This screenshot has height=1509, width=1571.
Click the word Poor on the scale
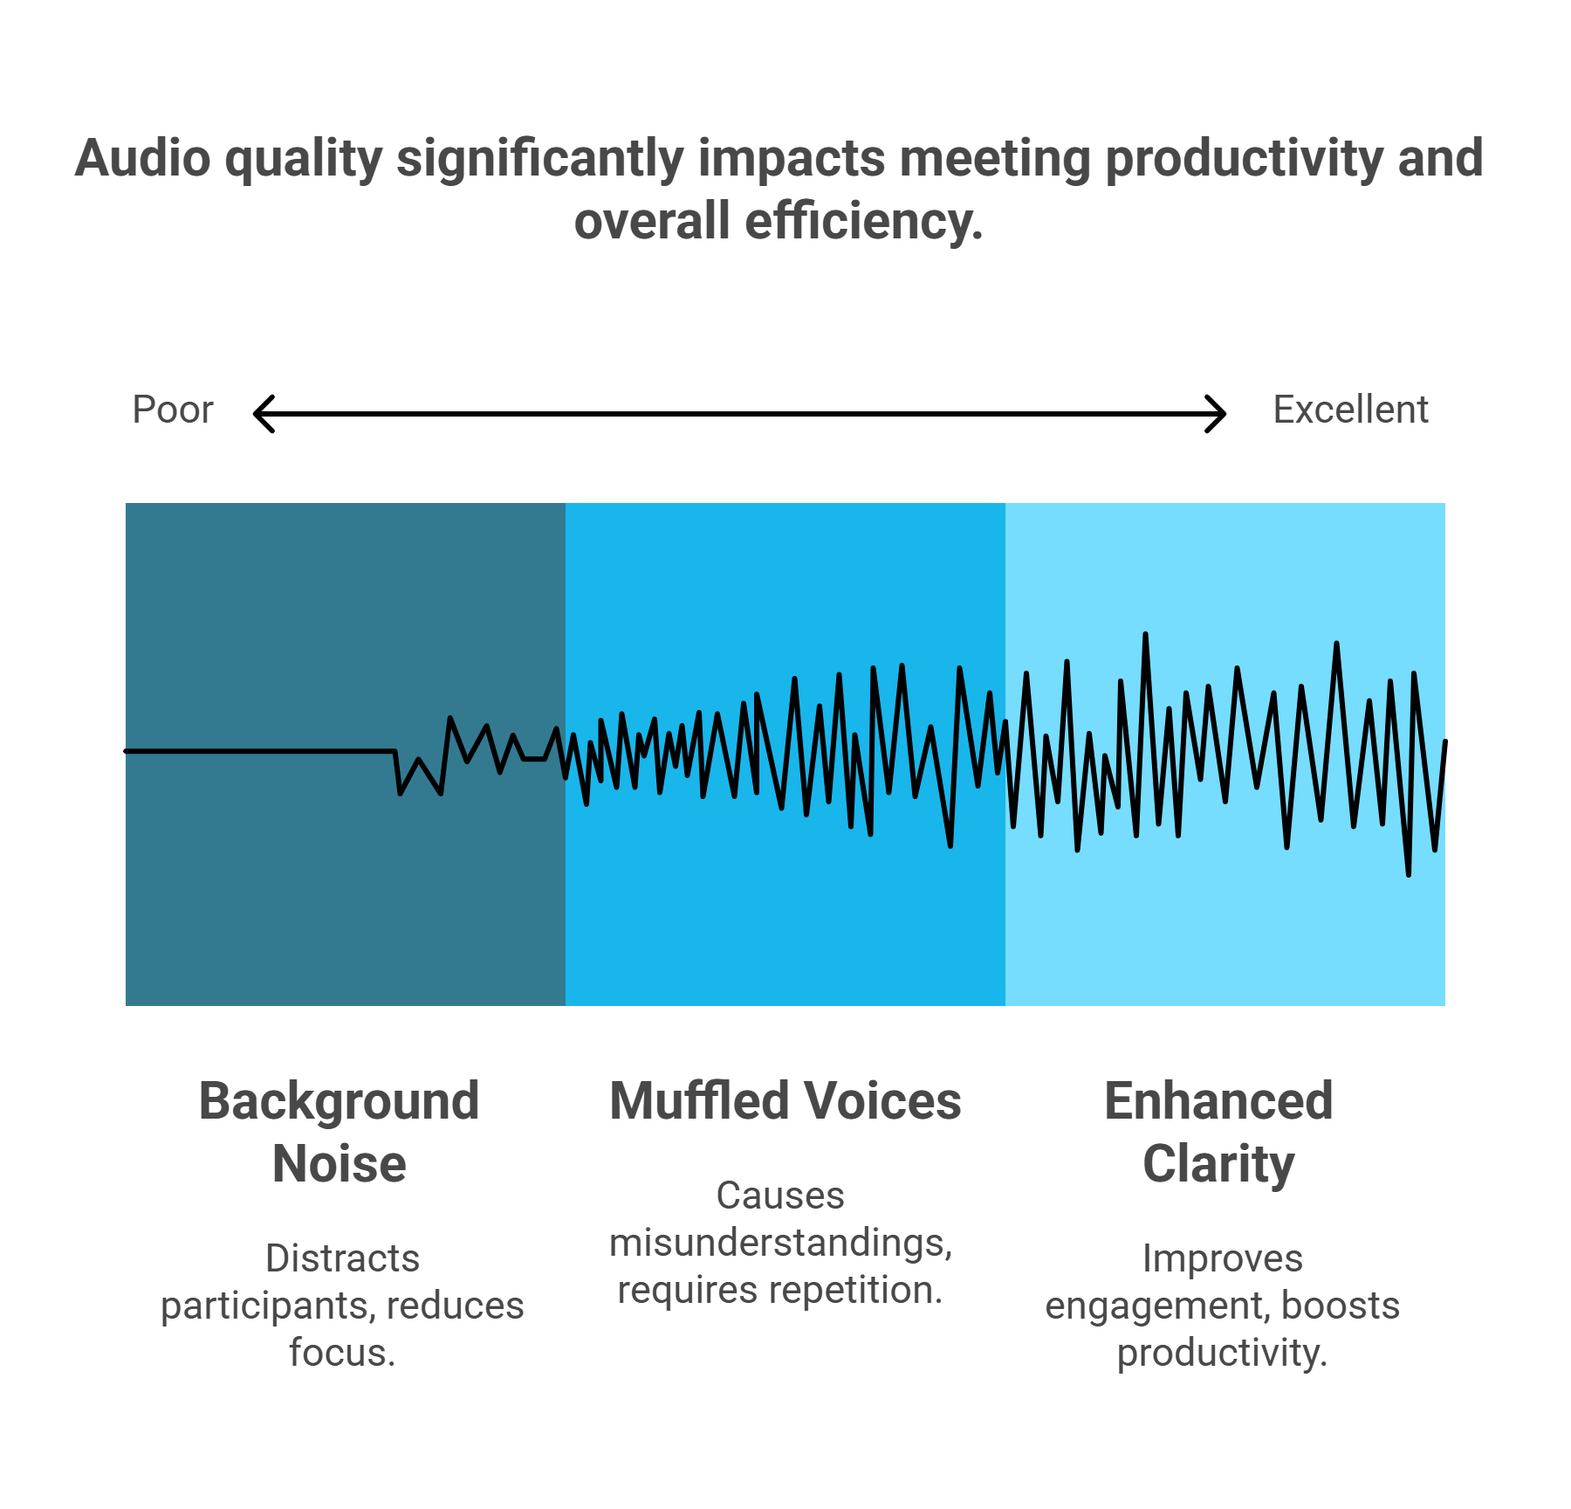pyautogui.click(x=173, y=410)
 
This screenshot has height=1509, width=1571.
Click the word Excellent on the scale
pyautogui.click(x=1350, y=410)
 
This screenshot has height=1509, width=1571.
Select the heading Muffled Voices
pyautogui.click(x=785, y=1100)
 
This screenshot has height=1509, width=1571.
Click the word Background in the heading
pyautogui.click(x=340, y=1102)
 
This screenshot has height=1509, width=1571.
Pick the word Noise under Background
pyautogui.click(x=340, y=1164)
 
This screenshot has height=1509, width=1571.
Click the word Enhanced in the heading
pyautogui.click(x=1218, y=1100)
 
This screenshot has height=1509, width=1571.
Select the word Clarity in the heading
pyautogui.click(x=1218, y=1165)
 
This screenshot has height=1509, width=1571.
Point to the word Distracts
pyautogui.click(x=343, y=1258)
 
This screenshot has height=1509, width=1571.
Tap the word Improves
pyautogui.click(x=1222, y=1259)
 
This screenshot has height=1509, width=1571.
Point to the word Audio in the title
pyautogui.click(x=143, y=159)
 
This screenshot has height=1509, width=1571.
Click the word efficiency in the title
pyautogui.click(x=864, y=221)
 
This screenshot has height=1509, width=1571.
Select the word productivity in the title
pyautogui.click(x=1244, y=159)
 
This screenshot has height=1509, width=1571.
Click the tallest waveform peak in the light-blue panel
pyautogui.click(x=1145, y=635)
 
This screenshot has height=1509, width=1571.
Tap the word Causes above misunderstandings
pyautogui.click(x=780, y=1195)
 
